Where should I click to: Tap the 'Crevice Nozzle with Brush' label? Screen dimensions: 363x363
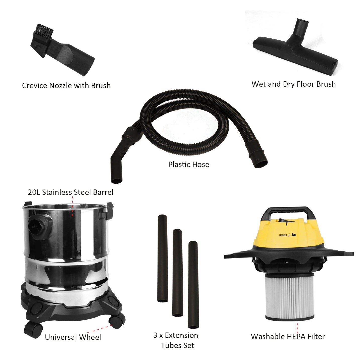(x=66, y=86)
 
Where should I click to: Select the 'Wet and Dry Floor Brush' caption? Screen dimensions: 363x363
(x=293, y=84)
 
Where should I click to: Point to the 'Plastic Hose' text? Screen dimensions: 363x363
(x=189, y=165)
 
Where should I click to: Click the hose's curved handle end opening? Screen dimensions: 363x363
(x=117, y=180)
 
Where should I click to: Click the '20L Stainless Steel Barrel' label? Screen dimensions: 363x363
(x=71, y=192)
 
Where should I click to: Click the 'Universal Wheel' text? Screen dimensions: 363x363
(x=73, y=337)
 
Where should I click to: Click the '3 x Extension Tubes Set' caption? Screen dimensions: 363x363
(x=176, y=340)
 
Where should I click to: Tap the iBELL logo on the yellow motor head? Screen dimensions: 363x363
(x=287, y=235)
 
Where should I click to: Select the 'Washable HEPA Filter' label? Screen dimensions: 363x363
(x=288, y=337)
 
